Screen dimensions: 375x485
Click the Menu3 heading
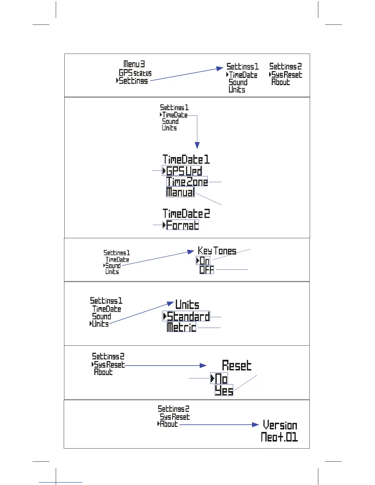134,64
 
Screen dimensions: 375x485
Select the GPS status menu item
135,73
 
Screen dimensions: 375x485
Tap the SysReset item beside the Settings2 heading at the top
286,75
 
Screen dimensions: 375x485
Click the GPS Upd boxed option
184,171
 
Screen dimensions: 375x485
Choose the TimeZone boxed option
187,182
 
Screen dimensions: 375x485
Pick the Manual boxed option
180,192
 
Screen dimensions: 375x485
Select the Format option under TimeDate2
182,225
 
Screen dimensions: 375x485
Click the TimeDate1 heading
186,160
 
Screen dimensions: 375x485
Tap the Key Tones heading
217,251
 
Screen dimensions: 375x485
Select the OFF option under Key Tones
206,270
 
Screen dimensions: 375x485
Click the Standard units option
188,316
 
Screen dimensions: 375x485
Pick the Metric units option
181,327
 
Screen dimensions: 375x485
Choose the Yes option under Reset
224,390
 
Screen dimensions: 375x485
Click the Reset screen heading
237,365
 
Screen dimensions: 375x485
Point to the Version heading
280,425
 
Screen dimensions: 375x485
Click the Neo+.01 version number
279,437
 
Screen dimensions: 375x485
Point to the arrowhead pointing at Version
256,425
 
